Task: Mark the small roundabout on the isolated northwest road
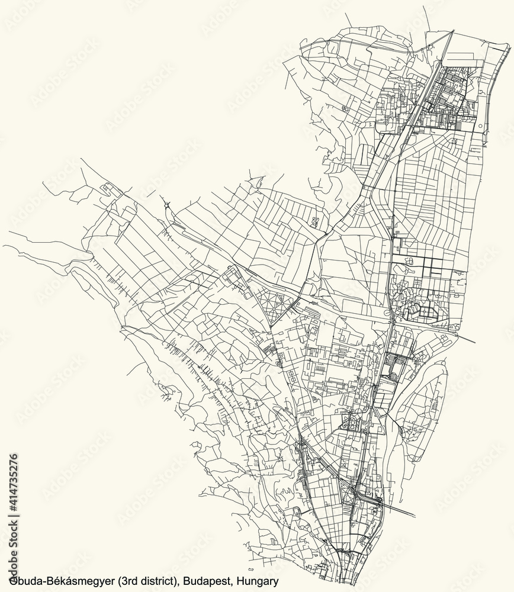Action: coord(168,205)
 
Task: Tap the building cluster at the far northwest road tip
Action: coord(108,189)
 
